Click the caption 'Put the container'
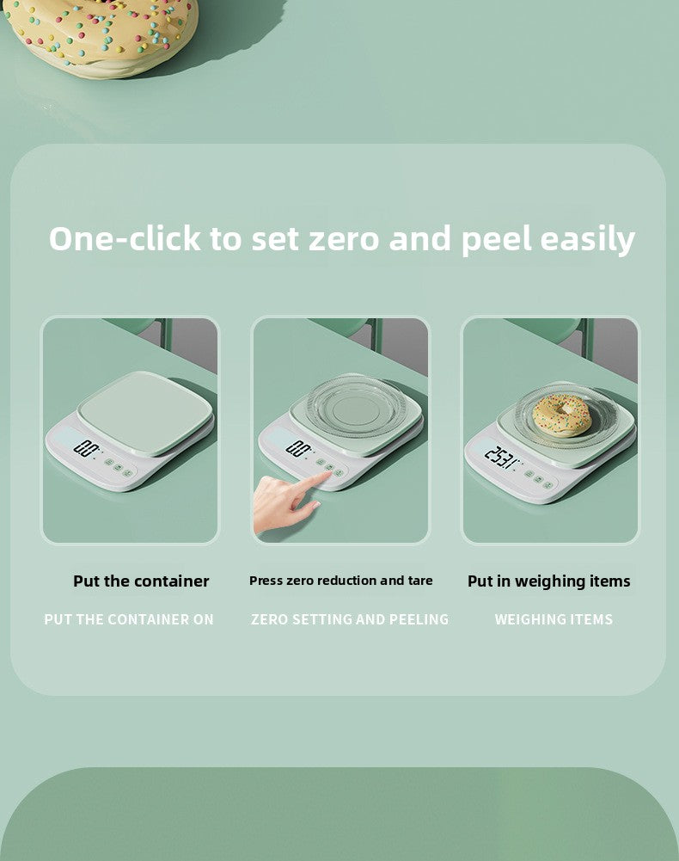point(141,581)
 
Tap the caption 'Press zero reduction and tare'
point(340,581)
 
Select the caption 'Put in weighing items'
point(548,581)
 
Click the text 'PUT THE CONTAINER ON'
point(129,619)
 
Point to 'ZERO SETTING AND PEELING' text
point(350,619)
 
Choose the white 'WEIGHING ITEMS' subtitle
point(554,619)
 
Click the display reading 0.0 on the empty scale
point(86,447)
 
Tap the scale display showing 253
point(501,456)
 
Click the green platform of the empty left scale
point(144,411)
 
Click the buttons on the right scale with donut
point(539,477)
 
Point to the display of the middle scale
point(298,447)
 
